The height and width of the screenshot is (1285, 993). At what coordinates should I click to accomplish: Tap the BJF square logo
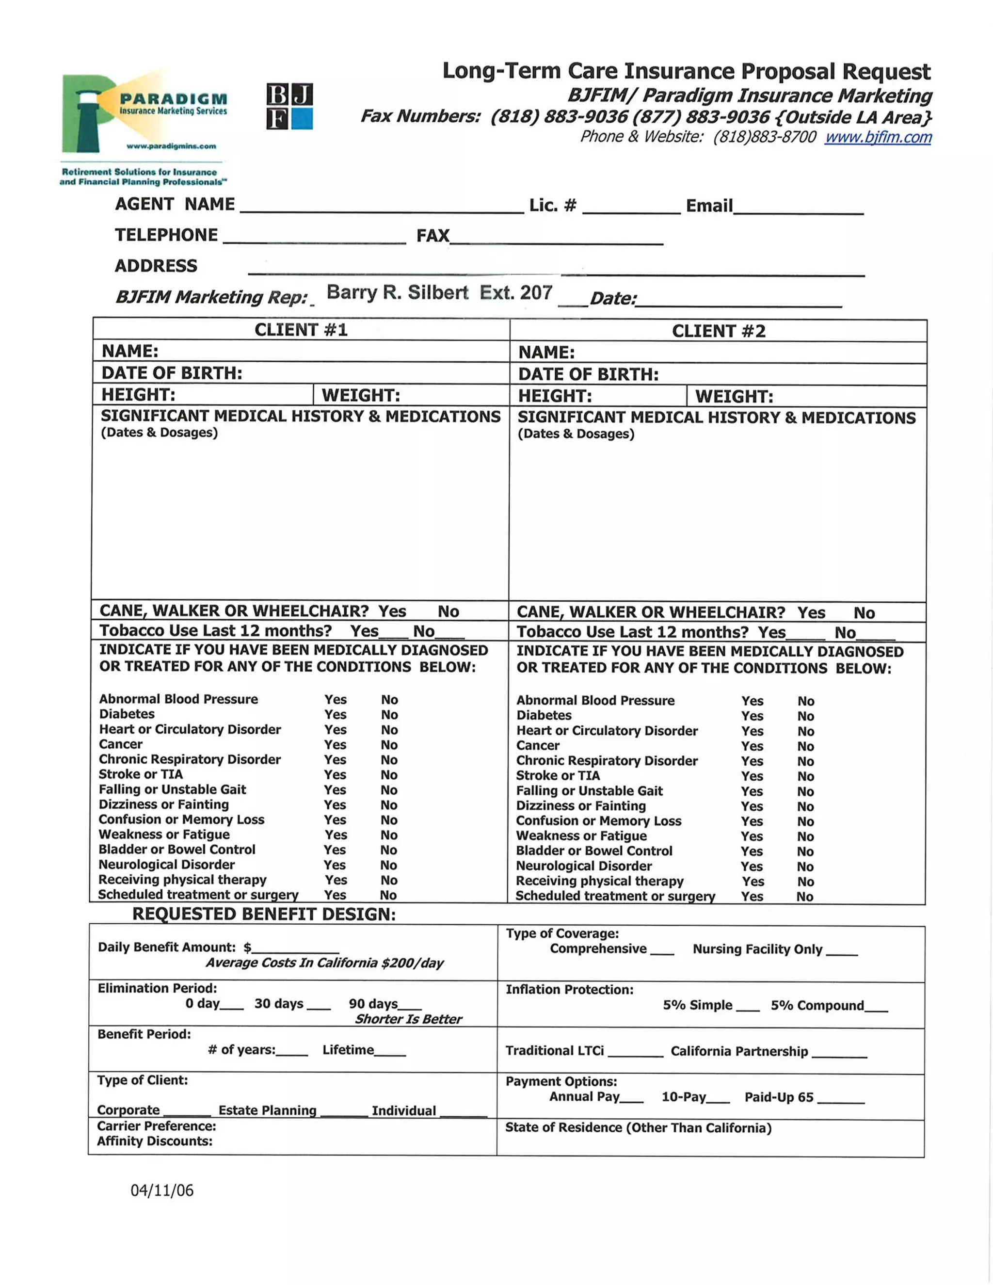coord(289,107)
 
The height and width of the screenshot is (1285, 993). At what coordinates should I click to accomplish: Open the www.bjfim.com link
coord(878,137)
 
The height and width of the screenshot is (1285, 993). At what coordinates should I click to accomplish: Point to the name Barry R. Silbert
coord(397,292)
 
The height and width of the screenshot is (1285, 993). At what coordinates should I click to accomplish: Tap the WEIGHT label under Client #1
coord(361,395)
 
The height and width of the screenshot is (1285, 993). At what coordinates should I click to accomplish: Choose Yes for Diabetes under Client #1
coord(336,714)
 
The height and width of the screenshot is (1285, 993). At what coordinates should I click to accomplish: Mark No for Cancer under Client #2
coord(805,746)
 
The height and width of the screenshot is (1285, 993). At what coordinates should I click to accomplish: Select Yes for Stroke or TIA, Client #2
coord(752,776)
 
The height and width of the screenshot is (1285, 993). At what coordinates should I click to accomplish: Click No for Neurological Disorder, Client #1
coord(388,865)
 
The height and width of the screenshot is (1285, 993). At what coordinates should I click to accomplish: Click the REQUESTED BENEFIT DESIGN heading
coord(264,914)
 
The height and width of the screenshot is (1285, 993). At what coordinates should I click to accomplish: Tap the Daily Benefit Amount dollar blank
coord(295,948)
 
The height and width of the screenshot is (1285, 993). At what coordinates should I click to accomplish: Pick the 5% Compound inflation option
coord(876,1006)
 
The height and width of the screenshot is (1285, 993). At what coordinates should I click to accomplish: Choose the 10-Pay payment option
coord(718,1097)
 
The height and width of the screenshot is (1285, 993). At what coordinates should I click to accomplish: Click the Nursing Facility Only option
coord(841,949)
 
